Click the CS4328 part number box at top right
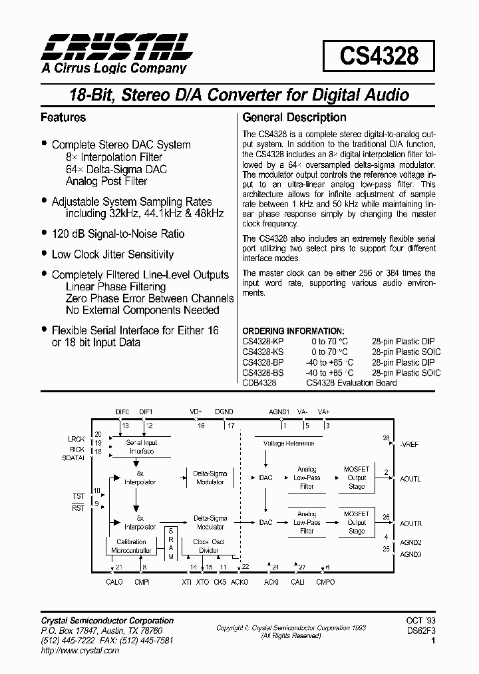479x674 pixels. coord(379,56)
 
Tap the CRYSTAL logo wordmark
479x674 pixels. coord(116,47)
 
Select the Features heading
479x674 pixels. coord(63,118)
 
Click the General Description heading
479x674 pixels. coord(294,118)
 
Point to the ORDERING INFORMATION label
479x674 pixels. coord(293,331)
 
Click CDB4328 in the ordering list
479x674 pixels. coord(259,383)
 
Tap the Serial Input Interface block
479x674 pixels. coord(140,447)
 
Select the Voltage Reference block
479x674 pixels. coord(288,443)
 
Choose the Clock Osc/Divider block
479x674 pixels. coord(210,546)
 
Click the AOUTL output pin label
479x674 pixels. coord(410,479)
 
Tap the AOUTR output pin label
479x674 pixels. coord(410,523)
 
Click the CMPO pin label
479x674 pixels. coord(325,582)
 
